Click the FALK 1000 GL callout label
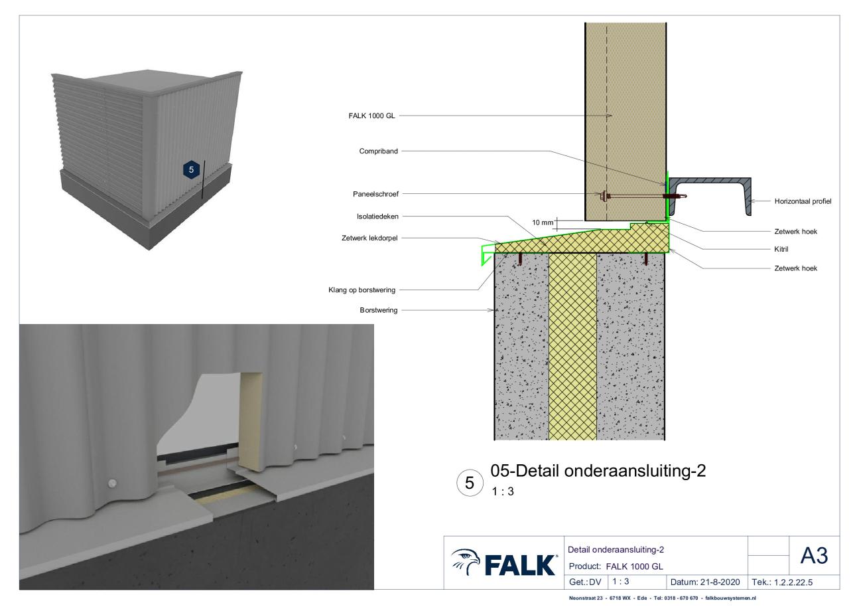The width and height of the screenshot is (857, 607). coord(371,116)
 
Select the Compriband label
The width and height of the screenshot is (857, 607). coord(378,151)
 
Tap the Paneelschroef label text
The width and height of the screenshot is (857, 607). coord(375,194)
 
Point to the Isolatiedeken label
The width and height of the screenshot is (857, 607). coord(377,217)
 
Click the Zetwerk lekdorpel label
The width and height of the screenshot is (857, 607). coord(369,238)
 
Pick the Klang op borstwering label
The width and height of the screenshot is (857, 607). coord(362,290)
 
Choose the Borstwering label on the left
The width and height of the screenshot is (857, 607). coord(378,310)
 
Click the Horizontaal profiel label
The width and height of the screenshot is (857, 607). coord(803,201)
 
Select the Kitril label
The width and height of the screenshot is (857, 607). coord(781,249)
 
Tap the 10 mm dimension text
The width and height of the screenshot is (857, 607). coord(543,222)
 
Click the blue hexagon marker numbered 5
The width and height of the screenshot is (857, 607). coord(191,169)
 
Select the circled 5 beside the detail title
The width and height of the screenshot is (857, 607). coord(470,483)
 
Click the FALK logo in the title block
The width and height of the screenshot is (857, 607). coord(504,563)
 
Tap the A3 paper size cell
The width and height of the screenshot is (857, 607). coord(814,555)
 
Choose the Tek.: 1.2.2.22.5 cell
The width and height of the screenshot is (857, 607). coord(794,582)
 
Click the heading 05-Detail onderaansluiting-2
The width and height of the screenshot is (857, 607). coord(598,471)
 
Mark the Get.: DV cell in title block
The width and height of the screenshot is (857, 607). coord(586,582)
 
